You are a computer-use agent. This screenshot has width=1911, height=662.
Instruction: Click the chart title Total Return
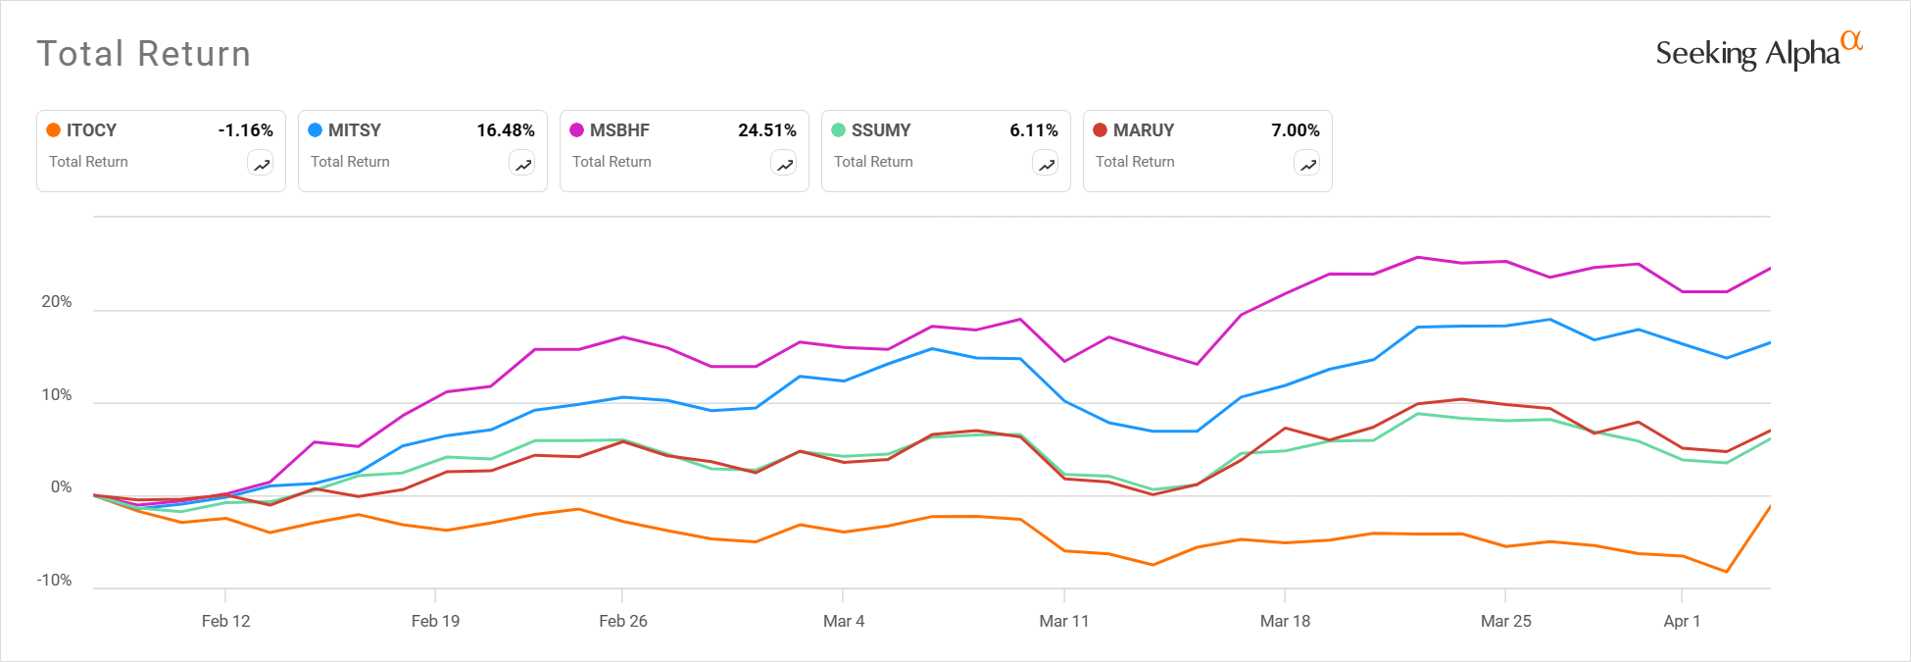point(144,54)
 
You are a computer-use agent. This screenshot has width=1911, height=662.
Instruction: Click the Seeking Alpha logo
point(1758,52)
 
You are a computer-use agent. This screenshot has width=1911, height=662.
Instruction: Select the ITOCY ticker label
point(91,130)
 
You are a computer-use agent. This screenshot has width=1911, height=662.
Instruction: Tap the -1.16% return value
point(245,130)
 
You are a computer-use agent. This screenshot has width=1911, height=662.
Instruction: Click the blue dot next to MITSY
point(316,130)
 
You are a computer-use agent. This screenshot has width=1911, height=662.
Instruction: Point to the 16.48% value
point(506,130)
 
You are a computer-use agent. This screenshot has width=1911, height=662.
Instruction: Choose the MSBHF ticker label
point(619,130)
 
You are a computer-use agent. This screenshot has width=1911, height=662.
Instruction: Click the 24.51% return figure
point(767,130)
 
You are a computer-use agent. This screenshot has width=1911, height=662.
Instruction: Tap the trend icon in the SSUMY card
point(1046,165)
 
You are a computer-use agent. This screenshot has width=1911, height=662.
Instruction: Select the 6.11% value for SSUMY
point(1034,130)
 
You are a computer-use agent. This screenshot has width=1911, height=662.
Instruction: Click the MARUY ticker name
point(1143,130)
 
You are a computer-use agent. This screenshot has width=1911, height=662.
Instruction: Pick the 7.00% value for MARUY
point(1296,130)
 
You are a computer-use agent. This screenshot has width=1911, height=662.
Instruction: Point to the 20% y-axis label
point(57,302)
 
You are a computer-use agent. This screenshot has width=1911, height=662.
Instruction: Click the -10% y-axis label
point(55,581)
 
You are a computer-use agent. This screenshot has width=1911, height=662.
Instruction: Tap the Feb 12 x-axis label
point(225,621)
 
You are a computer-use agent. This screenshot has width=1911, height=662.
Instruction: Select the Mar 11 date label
point(1064,621)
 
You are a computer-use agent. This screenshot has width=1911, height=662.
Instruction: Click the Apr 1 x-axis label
point(1682,621)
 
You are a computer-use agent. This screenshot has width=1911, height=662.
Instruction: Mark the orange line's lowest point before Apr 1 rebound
point(1727,572)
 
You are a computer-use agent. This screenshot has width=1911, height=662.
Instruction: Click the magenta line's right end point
point(1769,269)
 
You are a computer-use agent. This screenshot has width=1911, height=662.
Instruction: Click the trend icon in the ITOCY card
point(261,165)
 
